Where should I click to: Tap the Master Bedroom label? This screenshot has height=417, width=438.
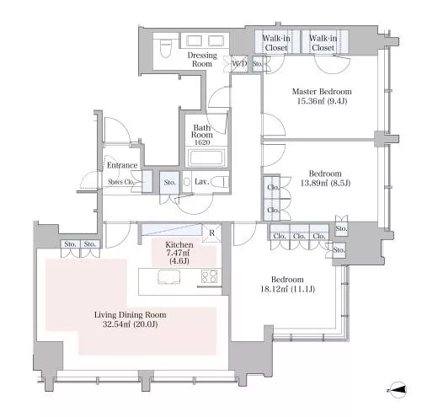(322, 92)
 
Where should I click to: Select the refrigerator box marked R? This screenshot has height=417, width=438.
(212, 233)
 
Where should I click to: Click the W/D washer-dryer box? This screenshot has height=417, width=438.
(239, 64)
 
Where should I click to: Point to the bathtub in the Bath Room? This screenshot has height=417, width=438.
(206, 158)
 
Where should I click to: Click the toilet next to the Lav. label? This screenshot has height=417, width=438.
(220, 182)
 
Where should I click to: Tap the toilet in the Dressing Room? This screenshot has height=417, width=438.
(166, 47)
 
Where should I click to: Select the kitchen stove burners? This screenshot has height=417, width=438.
(210, 275)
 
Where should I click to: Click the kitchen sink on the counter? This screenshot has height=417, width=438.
(169, 277)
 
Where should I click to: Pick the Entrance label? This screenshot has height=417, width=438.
(122, 165)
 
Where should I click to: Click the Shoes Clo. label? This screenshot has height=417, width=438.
(121, 182)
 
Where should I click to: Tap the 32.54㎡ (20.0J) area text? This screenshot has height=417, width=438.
(130, 324)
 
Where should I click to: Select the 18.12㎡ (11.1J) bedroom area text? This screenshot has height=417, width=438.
(288, 289)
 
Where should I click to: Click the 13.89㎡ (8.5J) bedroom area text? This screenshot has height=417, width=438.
(325, 183)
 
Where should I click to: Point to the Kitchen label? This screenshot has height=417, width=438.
(179, 244)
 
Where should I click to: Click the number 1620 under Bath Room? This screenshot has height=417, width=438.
(202, 142)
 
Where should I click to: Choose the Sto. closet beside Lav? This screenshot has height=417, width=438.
(169, 183)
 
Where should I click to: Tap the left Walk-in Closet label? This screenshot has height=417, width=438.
(276, 43)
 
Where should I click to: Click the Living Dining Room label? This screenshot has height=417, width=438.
(131, 315)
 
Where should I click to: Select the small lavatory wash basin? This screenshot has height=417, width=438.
(187, 182)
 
